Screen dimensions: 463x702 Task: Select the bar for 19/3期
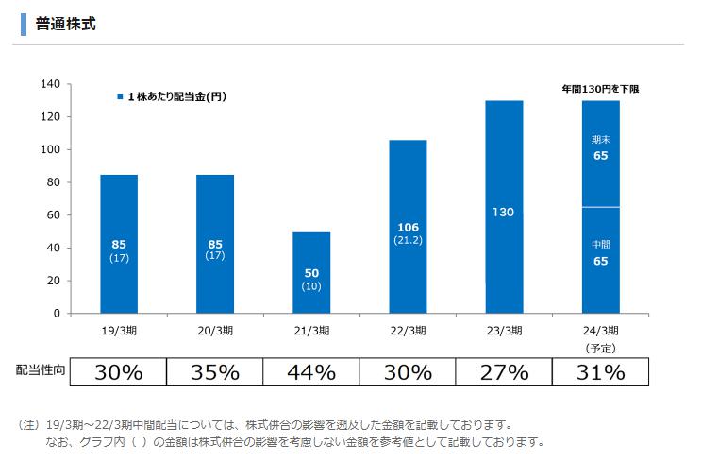(x=119, y=243)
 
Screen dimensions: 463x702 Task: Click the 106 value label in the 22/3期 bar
(x=408, y=228)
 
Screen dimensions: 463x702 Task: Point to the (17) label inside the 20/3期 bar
(x=215, y=257)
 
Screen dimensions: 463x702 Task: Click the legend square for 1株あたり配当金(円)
(x=119, y=97)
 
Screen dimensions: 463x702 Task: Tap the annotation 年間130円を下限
(x=601, y=88)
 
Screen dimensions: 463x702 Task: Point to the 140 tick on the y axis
(x=51, y=84)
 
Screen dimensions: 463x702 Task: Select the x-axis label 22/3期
(x=408, y=331)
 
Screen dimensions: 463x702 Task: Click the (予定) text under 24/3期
(x=600, y=347)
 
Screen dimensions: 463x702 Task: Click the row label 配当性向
(x=41, y=371)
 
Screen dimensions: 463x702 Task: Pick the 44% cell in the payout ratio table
(x=311, y=371)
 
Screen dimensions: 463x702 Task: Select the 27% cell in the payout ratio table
(x=504, y=371)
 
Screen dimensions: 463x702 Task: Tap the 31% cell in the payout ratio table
(x=600, y=371)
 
